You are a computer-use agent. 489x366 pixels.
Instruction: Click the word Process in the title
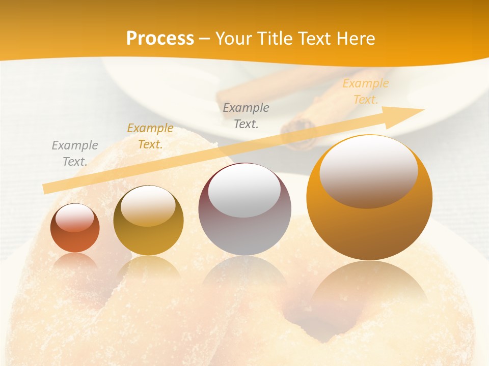[160, 39]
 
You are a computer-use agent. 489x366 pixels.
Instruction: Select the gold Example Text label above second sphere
[150, 136]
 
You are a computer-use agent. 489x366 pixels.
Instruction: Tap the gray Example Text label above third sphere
[246, 115]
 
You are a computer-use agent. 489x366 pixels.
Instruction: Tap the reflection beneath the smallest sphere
[75, 262]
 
